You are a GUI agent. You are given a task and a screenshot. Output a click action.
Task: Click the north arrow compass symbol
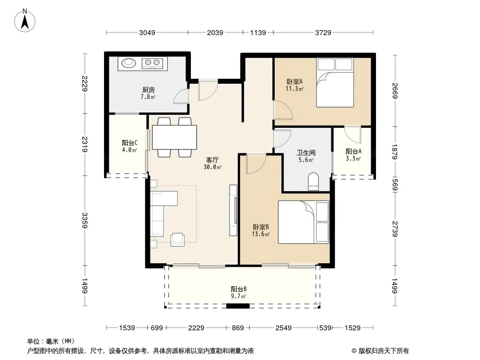point(25,20)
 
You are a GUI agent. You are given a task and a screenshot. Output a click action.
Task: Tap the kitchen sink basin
point(129,63)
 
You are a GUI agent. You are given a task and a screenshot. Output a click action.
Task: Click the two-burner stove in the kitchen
point(152,63)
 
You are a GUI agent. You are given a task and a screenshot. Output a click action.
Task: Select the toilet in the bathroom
point(313,181)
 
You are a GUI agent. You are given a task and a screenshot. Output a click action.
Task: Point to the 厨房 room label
point(149,90)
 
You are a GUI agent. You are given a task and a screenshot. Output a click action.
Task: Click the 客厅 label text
point(212,160)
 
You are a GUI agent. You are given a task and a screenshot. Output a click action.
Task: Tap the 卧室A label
point(294,81)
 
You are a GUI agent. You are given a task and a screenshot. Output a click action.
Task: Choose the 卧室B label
point(261,227)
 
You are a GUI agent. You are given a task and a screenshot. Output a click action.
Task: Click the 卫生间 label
point(306,153)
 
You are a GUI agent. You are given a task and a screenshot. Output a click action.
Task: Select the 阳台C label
point(130,143)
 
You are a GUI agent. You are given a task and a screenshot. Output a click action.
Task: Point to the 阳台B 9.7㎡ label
point(239,292)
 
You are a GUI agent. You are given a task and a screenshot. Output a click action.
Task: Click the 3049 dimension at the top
point(147,32)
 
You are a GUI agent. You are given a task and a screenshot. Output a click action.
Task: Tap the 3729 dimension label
point(323,32)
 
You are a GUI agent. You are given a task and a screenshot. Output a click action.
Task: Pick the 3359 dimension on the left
point(85,220)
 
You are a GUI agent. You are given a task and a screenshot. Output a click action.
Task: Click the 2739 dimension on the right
point(395,229)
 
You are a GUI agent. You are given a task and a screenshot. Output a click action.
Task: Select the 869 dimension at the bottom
point(238,328)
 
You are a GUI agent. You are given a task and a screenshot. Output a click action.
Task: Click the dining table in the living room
point(175,137)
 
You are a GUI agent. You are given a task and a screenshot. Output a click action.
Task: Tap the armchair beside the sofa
point(177,239)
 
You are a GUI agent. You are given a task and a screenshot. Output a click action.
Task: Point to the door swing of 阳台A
point(353,135)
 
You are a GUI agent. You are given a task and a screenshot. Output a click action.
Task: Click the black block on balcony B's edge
point(238,306)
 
